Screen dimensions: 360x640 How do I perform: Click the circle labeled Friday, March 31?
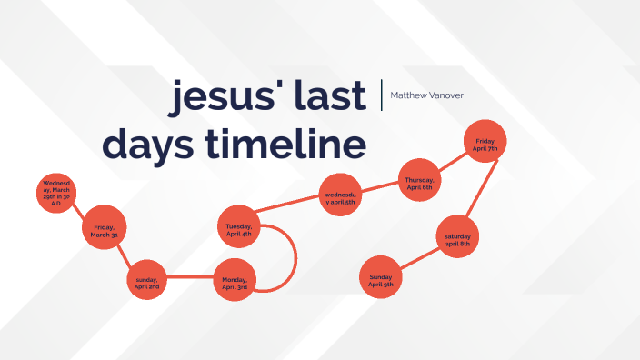(104, 230)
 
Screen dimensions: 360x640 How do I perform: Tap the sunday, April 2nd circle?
(147, 282)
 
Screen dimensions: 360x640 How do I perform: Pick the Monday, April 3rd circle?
(235, 282)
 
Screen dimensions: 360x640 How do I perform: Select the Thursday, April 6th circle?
(420, 182)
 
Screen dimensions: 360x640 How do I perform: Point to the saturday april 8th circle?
(457, 240)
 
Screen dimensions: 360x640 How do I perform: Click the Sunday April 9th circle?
(381, 280)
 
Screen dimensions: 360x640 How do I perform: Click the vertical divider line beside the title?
(382, 95)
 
